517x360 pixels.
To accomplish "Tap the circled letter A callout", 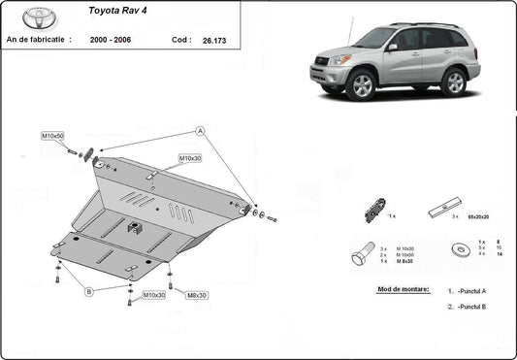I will [x=200, y=130].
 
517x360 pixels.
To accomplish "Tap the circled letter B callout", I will [x=88, y=290].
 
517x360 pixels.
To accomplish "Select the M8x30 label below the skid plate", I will [x=197, y=295].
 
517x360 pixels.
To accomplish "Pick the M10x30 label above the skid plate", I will [x=190, y=158].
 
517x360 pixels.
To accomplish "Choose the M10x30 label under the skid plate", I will [x=154, y=295].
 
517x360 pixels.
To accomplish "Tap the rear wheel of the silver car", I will [x=453, y=82].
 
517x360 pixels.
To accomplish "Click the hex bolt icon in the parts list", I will [x=361, y=255].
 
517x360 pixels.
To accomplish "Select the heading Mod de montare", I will [x=402, y=290].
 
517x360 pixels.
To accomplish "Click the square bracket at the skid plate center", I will [x=136, y=229].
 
